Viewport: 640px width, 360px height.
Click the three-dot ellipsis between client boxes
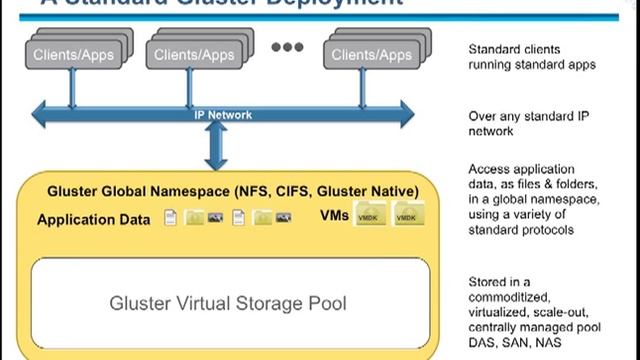coord(287,47)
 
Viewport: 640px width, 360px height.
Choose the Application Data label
coord(94,219)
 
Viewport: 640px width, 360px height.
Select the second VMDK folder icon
coord(407,215)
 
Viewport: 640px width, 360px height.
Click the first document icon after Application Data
coord(171,217)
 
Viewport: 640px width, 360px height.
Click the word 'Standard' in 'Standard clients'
coord(497,49)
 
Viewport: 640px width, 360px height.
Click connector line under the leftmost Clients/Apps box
coord(72,88)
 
